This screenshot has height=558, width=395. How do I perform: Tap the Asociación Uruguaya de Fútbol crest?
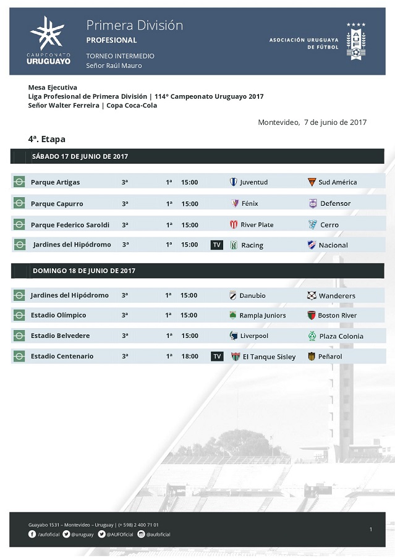coord(355,41)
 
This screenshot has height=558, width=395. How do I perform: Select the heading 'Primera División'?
coord(134,25)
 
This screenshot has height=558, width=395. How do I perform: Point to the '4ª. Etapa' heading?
coord(47,139)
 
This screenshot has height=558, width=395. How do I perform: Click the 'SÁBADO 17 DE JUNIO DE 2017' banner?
coord(80,156)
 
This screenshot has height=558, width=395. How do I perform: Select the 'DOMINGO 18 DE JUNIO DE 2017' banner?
coord(83,271)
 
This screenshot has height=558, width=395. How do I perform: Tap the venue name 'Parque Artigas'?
coord(55,182)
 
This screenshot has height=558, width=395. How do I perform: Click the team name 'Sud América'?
coord(338,182)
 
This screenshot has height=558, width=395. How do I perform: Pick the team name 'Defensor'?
coord(335,203)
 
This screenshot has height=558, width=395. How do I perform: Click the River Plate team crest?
coord(234,224)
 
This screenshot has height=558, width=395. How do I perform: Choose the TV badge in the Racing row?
coord(217,245)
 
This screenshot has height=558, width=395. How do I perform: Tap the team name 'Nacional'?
coord(333,245)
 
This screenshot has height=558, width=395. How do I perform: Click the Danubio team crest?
coord(233,295)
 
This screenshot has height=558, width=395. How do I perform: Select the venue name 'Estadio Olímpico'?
coord(58,315)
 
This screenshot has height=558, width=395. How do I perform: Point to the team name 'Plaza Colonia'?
coord(341,336)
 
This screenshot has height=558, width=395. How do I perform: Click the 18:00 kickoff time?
coord(190,356)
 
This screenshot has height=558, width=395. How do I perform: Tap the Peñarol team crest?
coord(312,357)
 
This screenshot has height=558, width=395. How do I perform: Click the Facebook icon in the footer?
coord(32,534)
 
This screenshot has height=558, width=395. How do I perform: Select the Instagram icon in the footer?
coord(141,534)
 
